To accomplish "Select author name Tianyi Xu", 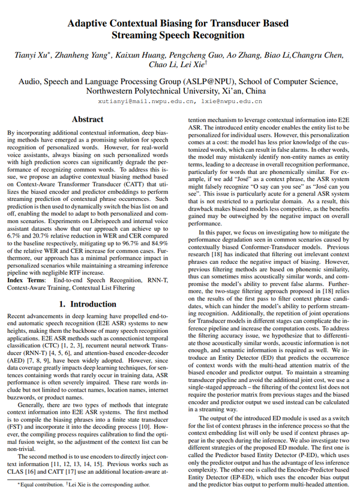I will point(31,55).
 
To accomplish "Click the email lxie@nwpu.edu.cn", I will point(231,101).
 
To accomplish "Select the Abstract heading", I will point(88,119).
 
